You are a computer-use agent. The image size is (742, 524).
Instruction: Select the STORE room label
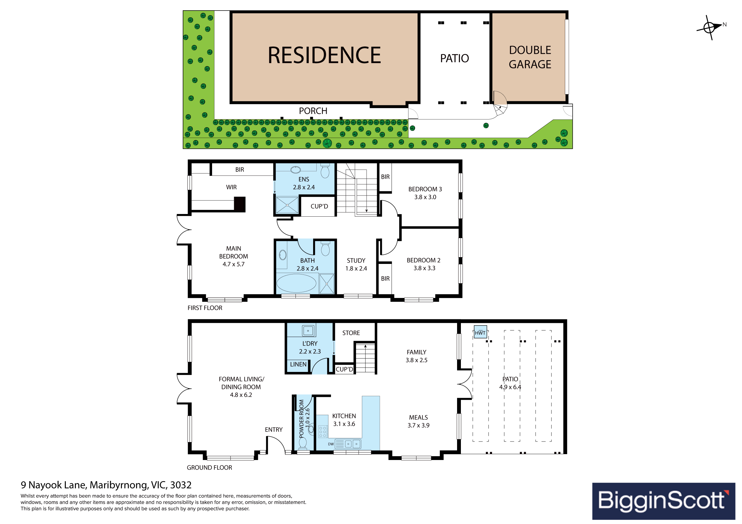pos(351,333)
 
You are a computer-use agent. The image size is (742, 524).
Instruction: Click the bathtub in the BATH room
pos(296,283)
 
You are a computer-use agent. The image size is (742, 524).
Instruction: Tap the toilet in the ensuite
pos(325,171)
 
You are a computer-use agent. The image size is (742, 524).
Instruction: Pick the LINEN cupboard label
pos(298,364)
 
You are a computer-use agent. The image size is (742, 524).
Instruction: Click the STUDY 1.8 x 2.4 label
pos(356,264)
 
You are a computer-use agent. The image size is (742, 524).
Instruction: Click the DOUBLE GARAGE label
pos(530,57)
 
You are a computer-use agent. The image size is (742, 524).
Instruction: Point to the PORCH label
pos(313,111)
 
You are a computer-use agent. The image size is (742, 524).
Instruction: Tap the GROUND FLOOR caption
pos(209,467)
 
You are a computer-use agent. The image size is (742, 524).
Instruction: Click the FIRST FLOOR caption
pos(205,308)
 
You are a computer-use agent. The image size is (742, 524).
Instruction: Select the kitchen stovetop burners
pos(323,431)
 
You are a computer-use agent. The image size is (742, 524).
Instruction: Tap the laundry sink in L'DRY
pos(308,331)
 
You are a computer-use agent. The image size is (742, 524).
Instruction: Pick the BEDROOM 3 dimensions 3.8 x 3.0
pos(425,197)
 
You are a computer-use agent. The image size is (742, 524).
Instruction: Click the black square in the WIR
pos(239,205)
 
